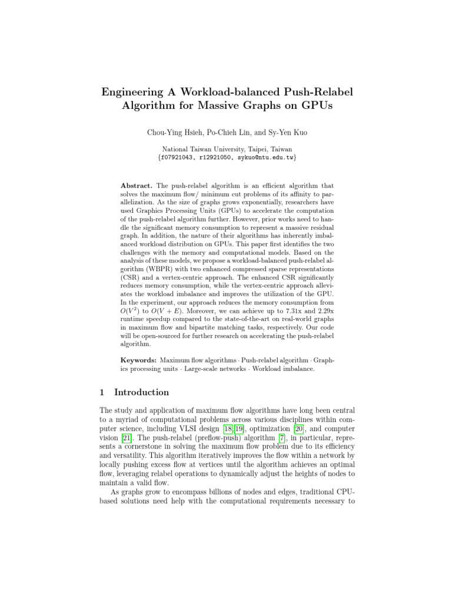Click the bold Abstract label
(x=138, y=184)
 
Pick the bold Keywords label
(x=139, y=359)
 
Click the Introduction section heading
(x=141, y=392)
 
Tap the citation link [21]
(x=127, y=439)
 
